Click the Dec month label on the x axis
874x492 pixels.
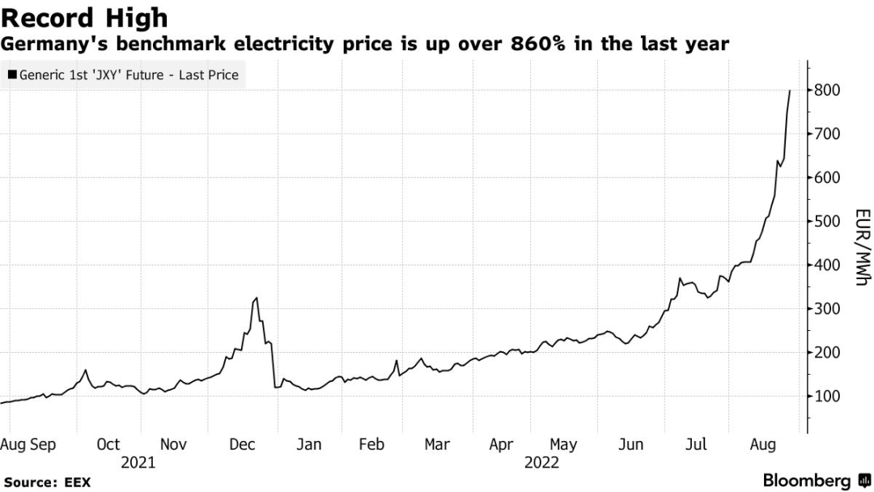[x=243, y=444]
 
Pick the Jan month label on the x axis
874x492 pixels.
[x=308, y=444]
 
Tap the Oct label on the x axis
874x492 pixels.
[x=108, y=444]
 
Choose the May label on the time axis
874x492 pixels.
[x=563, y=444]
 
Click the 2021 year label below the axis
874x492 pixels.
[x=138, y=463]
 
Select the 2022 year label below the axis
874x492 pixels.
[x=541, y=463]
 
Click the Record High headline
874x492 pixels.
[x=85, y=17]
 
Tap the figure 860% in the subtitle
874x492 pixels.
[x=538, y=44]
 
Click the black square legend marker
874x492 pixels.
[x=11, y=75]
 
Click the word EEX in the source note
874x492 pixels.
[x=78, y=482]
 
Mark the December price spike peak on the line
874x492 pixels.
[x=257, y=299]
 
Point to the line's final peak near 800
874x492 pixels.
[x=790, y=91]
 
